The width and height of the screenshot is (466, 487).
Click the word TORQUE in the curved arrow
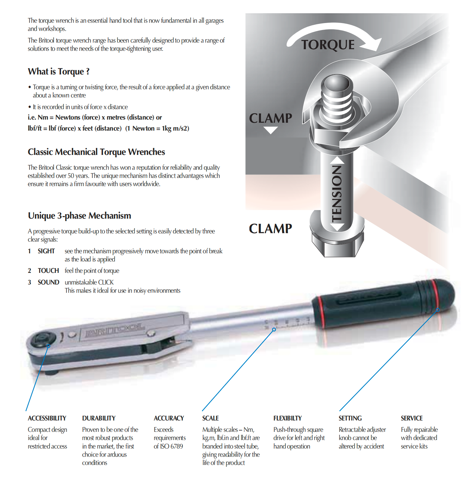(328, 45)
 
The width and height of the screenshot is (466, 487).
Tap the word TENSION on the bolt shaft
(337, 193)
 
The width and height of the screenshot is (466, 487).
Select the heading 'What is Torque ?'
(59, 72)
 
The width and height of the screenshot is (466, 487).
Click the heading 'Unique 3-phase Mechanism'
(80, 216)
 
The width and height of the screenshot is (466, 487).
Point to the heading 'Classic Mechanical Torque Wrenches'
(96, 152)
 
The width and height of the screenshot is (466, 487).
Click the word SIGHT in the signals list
(46, 251)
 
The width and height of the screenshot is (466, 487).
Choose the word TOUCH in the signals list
(48, 271)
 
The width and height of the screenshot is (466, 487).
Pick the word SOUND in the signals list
(48, 282)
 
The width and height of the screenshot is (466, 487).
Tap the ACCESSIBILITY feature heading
(47, 418)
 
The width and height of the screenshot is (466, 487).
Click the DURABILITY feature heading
(99, 418)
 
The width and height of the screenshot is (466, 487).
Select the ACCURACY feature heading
(169, 418)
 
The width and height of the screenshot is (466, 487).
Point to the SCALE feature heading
(211, 418)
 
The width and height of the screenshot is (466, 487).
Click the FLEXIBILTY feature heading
(288, 418)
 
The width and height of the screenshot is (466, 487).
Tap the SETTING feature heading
(350, 418)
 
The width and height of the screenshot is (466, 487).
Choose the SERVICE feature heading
(412, 418)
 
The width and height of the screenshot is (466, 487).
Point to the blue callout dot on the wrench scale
(274, 330)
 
